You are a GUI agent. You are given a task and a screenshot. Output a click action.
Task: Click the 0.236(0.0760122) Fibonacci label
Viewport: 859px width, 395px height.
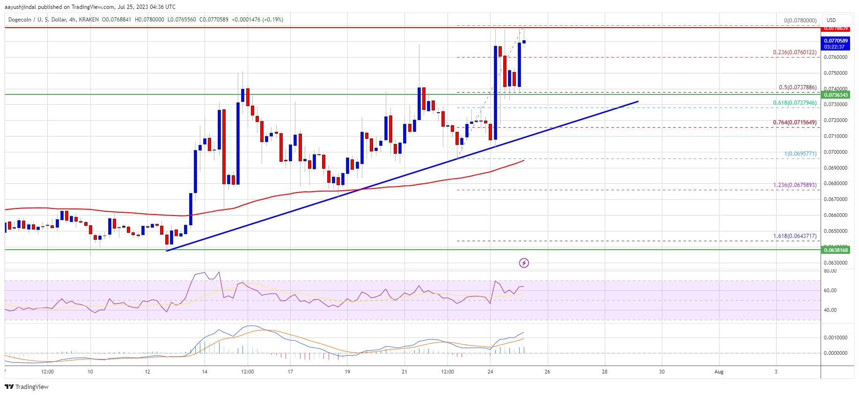tap(794, 52)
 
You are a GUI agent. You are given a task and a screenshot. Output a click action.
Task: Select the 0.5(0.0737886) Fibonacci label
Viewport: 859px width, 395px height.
tap(797, 87)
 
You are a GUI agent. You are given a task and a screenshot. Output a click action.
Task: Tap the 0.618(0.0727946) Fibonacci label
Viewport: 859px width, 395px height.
tap(794, 103)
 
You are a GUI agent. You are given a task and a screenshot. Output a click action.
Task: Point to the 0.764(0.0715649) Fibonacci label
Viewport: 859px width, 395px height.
tap(794, 122)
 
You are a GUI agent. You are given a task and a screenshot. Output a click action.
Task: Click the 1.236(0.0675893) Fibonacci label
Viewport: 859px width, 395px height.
tap(794, 185)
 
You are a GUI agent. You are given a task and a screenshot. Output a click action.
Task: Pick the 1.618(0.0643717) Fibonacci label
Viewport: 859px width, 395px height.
tap(794, 236)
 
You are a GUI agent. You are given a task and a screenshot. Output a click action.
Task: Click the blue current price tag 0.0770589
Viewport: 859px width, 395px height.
tap(836, 41)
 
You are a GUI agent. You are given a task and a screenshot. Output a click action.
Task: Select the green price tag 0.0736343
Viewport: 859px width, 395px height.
tap(836, 95)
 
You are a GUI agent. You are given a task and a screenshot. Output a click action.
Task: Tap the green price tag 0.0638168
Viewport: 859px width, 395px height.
tap(836, 250)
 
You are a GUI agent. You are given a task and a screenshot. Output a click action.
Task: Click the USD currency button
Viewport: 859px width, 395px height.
tap(831, 20)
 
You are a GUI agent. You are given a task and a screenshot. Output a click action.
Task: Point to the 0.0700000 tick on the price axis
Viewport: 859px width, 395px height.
tap(836, 152)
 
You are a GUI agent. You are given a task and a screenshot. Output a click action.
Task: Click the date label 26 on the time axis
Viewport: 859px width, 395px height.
tap(547, 372)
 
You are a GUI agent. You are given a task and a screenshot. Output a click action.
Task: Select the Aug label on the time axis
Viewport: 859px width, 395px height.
tap(719, 372)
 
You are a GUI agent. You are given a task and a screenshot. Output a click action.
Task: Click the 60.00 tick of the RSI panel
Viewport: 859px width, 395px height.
tap(830, 290)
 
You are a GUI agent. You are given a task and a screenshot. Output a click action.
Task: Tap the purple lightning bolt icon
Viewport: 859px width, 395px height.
tap(524, 263)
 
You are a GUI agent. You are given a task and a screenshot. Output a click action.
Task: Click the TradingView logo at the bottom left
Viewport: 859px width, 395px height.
tap(27, 387)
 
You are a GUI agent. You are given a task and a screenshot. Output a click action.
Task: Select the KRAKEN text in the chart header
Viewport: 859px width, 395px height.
tap(88, 20)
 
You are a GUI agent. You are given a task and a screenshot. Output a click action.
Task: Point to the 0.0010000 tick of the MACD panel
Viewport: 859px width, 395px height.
tap(836, 338)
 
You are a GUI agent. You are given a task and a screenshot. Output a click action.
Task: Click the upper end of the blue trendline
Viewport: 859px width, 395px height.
tap(638, 101)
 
